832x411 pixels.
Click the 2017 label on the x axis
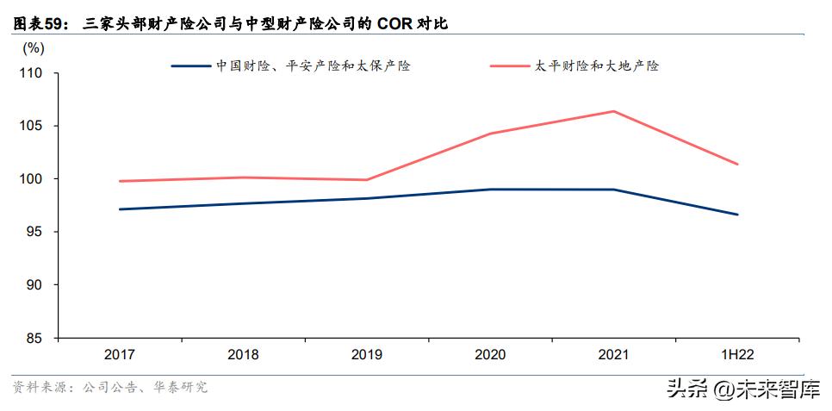(x=120, y=355)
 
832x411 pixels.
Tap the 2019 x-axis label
(x=367, y=355)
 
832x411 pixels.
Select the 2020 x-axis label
(x=490, y=355)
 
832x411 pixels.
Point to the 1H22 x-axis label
(x=737, y=355)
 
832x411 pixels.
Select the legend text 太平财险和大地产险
(x=595, y=65)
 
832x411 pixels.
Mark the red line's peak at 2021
(x=614, y=111)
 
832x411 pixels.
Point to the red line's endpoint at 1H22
(x=737, y=164)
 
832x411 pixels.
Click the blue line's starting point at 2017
(x=120, y=209)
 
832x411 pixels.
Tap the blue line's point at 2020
(x=490, y=190)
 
